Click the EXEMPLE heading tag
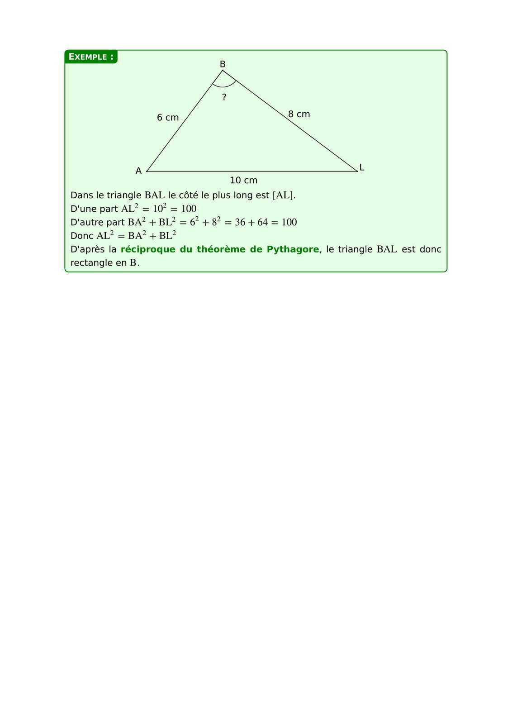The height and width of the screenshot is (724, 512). [x=90, y=57]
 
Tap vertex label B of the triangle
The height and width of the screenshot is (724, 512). [x=223, y=64]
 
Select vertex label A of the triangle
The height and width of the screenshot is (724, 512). [x=138, y=171]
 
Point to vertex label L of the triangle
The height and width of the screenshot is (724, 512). [x=362, y=167]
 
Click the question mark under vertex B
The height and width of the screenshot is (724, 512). [x=224, y=97]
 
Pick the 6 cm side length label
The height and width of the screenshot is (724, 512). [x=168, y=118]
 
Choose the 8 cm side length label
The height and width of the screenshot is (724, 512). [x=299, y=114]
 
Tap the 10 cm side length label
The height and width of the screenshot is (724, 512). [x=243, y=180]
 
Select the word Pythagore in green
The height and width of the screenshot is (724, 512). [x=293, y=249]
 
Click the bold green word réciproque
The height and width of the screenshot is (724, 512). [x=148, y=249]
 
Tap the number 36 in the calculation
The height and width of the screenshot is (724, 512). [x=240, y=222]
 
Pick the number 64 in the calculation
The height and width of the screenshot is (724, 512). [x=262, y=222]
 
